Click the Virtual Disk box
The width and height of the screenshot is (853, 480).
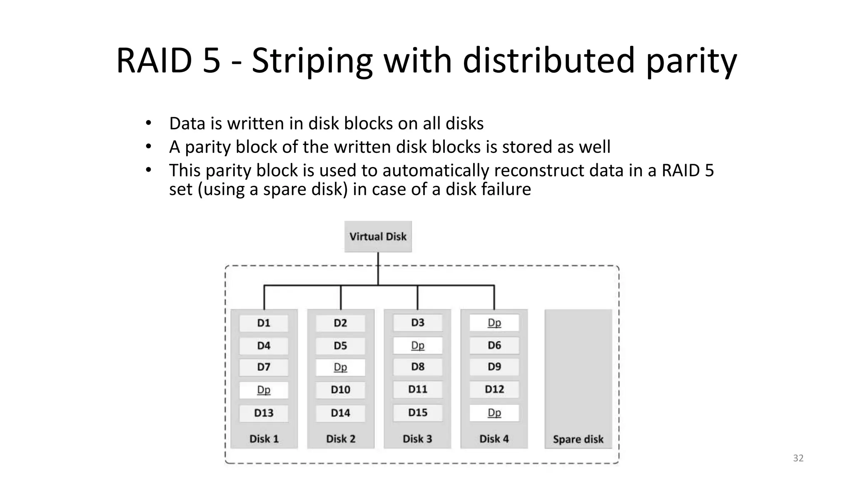coord(378,237)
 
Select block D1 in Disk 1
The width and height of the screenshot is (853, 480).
coord(264,323)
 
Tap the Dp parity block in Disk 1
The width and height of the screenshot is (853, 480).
coord(264,390)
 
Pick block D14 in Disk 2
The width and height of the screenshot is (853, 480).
coord(340,413)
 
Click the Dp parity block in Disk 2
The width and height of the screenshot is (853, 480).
coord(340,367)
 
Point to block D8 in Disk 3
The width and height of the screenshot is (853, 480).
coord(417,367)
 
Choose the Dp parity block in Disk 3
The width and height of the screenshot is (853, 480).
coord(417,345)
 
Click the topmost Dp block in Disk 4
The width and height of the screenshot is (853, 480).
coord(494,323)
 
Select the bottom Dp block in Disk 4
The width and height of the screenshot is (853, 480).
coord(494,413)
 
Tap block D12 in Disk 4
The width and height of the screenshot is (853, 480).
coord(494,390)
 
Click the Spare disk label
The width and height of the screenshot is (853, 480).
coord(578,439)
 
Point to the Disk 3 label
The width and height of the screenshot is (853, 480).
coord(417,439)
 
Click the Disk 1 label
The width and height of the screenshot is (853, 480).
coord(264,439)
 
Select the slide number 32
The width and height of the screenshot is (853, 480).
coord(798,458)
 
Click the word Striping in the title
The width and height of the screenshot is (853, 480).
coord(312,61)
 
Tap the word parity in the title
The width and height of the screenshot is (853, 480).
coord(691,61)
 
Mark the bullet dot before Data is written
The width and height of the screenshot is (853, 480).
coord(148,123)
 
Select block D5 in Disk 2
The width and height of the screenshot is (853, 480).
coord(340,346)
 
